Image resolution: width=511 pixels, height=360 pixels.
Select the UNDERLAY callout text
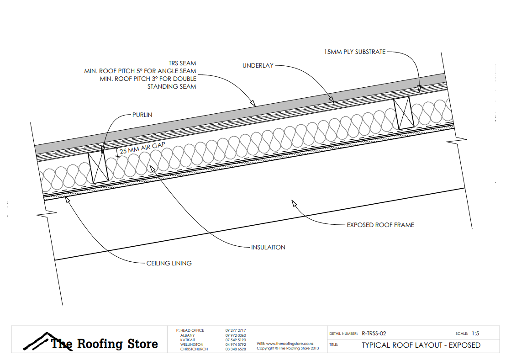(x=258, y=66)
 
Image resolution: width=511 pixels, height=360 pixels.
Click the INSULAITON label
(x=268, y=247)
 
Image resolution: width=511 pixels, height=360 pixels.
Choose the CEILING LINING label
(x=169, y=263)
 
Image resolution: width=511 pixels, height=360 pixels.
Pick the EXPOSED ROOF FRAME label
(x=380, y=225)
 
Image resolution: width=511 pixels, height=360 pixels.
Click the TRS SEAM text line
(x=182, y=63)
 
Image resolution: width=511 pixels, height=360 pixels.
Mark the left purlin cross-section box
(x=98, y=168)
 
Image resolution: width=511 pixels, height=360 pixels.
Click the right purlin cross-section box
(x=404, y=112)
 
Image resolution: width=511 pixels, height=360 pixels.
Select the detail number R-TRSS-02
(x=374, y=334)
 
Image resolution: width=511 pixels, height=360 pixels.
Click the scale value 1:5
(x=476, y=334)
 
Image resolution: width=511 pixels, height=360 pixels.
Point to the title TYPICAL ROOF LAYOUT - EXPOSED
(x=421, y=345)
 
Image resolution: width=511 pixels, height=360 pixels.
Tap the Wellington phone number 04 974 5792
(x=236, y=344)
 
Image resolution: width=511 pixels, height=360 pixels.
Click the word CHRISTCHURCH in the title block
(x=194, y=349)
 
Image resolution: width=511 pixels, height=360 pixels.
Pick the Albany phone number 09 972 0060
(x=236, y=335)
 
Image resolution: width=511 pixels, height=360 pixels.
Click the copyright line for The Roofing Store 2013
(x=288, y=348)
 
